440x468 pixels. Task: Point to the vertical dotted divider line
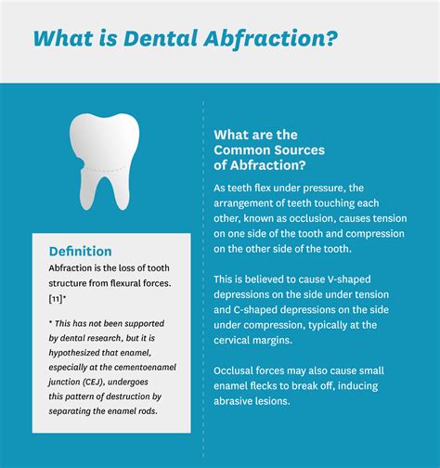[201, 279]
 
